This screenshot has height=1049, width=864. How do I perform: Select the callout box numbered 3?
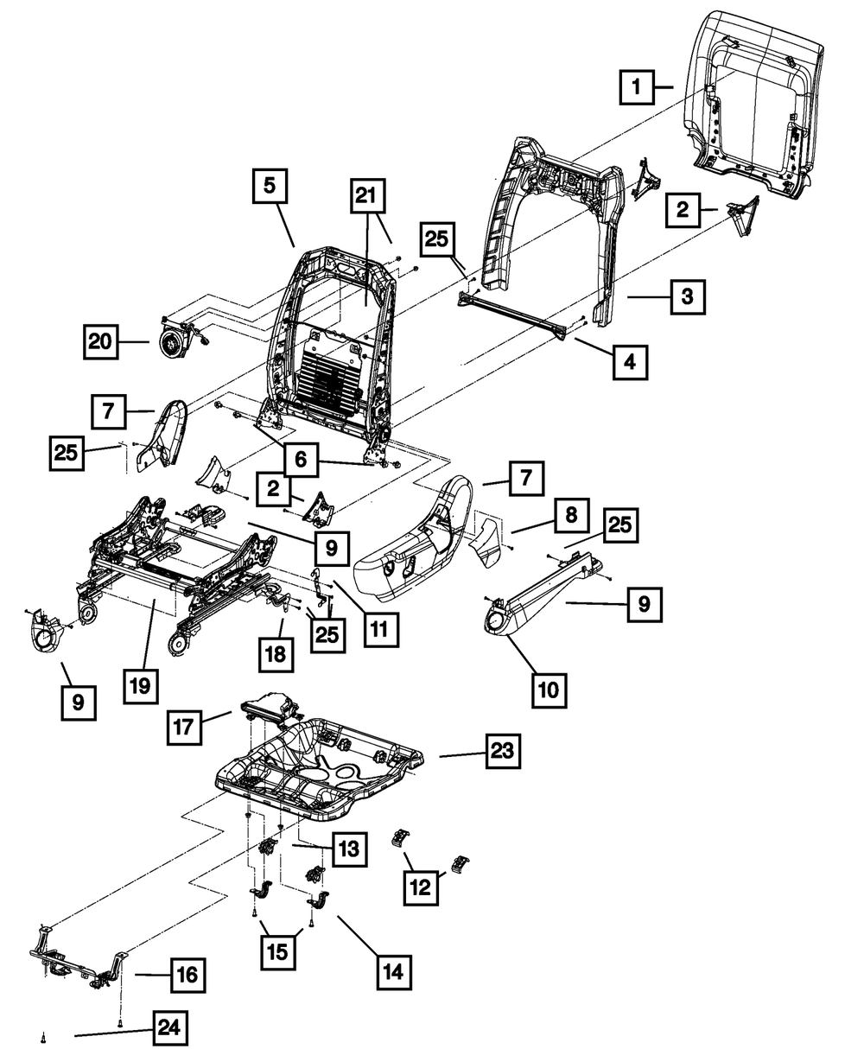686,296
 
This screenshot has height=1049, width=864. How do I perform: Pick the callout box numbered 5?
270,185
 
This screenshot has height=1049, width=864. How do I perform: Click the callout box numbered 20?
100,342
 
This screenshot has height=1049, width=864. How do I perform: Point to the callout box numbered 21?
366,197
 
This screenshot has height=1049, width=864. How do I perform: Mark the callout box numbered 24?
169,1028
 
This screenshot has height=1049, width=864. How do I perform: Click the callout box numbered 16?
187,976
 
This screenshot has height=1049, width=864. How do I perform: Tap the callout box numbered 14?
392,971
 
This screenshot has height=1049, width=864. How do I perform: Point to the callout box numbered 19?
141,686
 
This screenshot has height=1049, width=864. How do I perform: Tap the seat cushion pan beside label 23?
320,760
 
